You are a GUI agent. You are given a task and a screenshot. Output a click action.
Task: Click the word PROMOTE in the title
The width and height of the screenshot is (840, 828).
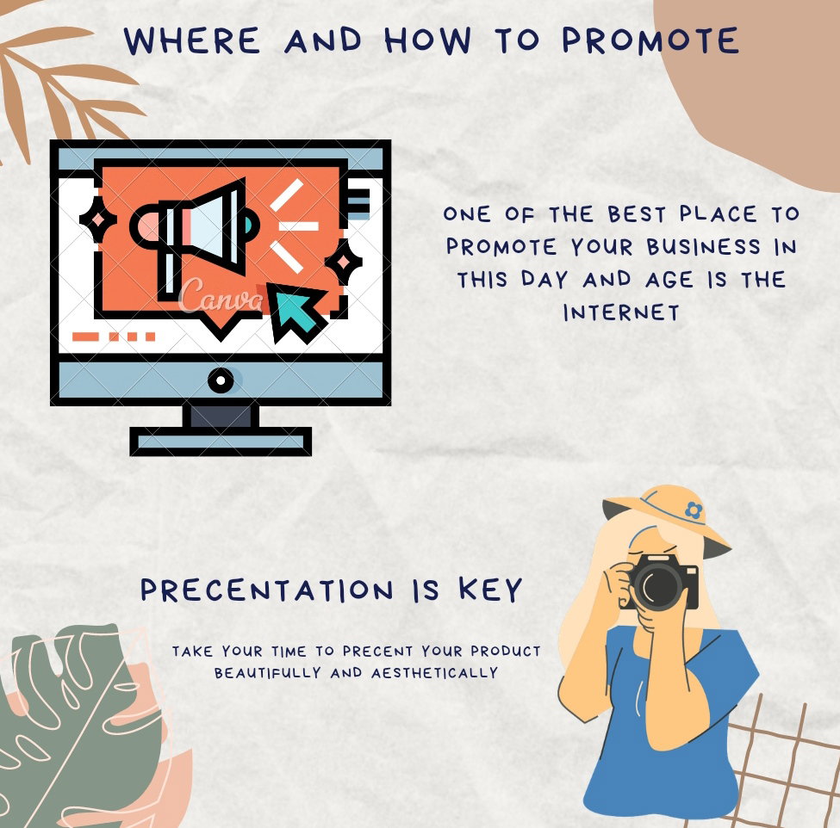[650, 40]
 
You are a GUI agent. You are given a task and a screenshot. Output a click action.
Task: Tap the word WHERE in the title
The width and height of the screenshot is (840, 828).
[192, 40]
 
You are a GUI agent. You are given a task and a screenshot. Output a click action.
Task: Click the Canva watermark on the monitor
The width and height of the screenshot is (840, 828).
[221, 295]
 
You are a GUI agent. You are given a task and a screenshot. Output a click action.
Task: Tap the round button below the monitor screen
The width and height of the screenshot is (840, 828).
[221, 380]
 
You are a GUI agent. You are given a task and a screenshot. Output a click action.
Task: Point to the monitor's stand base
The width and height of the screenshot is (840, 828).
[221, 442]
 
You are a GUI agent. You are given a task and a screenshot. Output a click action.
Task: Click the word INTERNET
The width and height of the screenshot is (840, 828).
[621, 312]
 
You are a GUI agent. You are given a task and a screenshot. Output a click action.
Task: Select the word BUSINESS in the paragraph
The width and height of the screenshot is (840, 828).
[703, 247]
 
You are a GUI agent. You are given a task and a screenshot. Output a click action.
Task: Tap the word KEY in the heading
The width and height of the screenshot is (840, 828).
[490, 590]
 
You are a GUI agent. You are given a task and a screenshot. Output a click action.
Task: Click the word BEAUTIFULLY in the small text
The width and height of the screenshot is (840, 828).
[268, 673]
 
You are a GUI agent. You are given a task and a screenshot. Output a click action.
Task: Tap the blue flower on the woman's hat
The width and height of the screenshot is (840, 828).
[694, 510]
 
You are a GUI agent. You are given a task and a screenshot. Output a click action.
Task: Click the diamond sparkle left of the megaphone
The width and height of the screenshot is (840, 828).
[98, 220]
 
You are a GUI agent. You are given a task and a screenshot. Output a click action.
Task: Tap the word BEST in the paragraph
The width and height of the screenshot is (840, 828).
[637, 214]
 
